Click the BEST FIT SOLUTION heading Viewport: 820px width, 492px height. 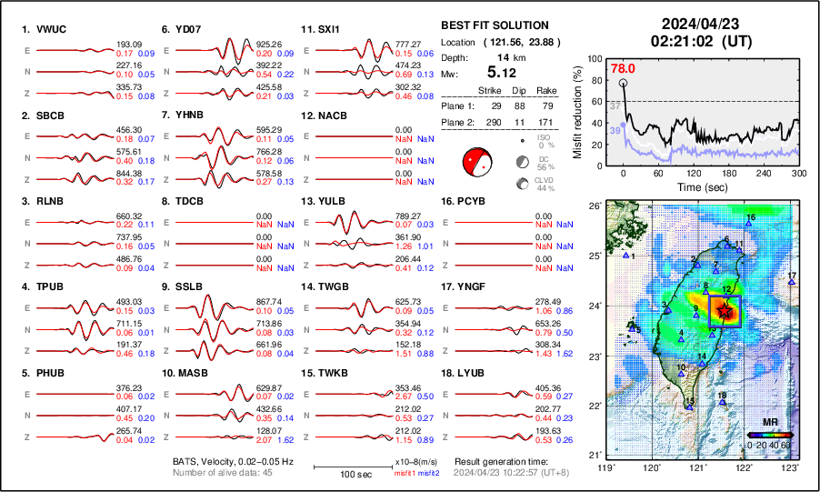point(494,25)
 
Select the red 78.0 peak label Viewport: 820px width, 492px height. point(622,67)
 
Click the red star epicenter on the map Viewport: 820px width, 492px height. point(724,311)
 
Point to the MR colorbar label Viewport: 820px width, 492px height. point(769,423)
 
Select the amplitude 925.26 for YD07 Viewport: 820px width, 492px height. point(270,44)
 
